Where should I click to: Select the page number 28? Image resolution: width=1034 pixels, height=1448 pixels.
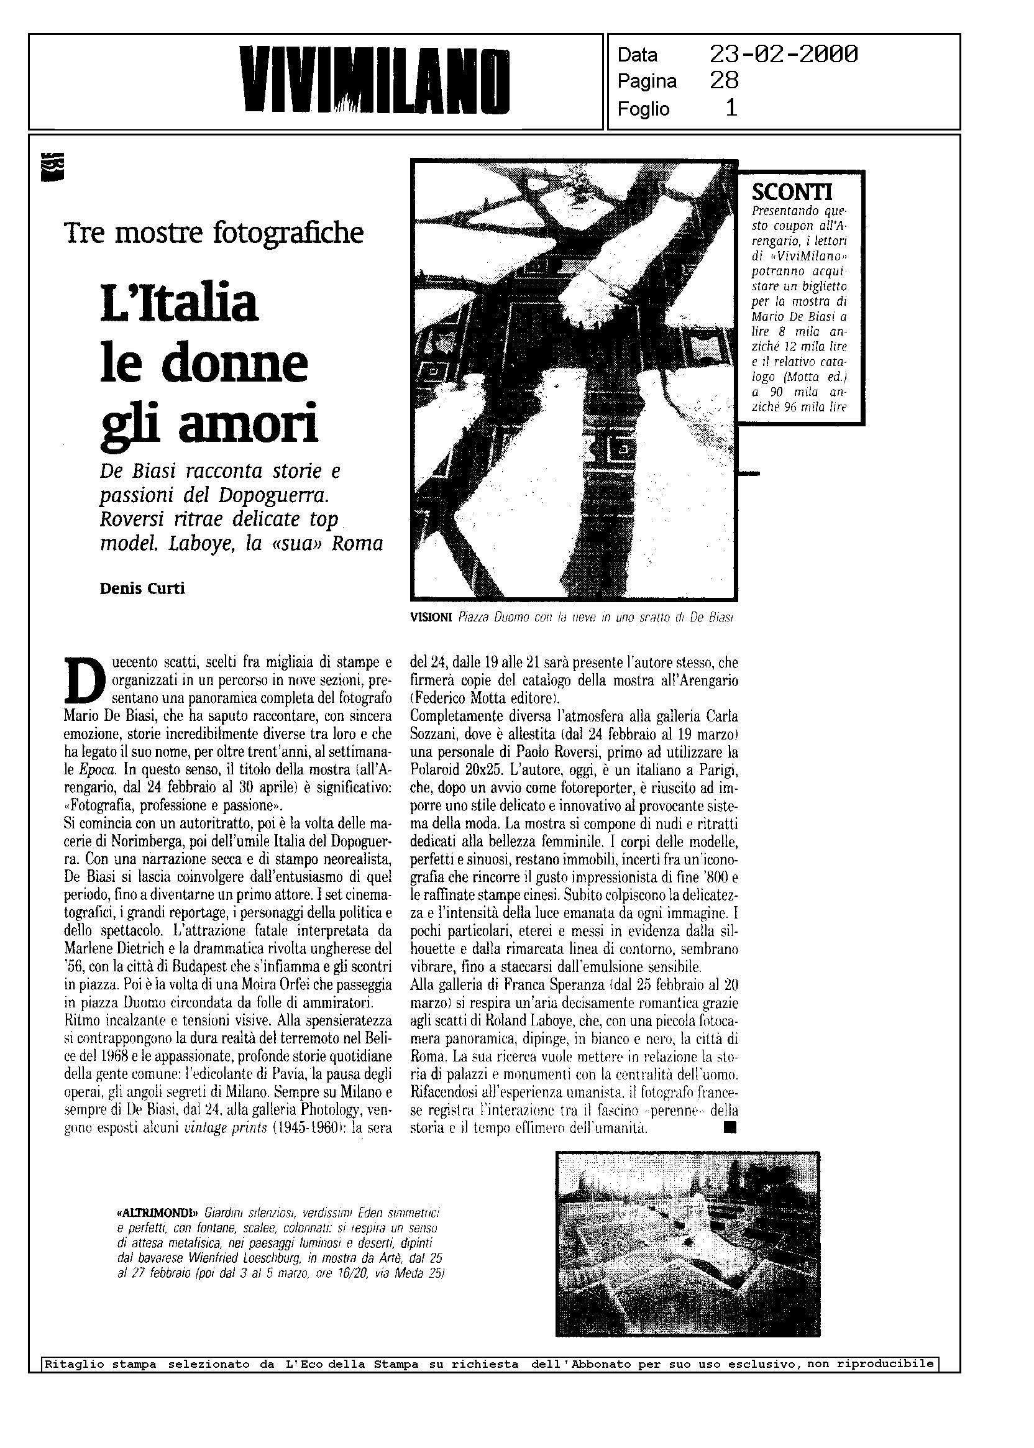tap(724, 81)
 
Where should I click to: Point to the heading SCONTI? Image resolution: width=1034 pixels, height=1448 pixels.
tap(792, 191)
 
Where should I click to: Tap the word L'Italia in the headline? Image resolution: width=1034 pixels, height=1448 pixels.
tap(179, 303)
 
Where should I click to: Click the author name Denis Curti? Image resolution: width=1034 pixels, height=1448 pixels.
tap(142, 589)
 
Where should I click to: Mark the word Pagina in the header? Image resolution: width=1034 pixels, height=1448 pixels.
tap(647, 81)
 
